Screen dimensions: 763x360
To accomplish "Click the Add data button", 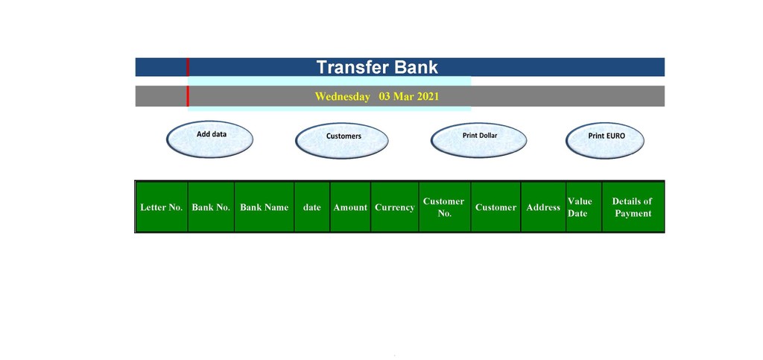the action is pos(209,139).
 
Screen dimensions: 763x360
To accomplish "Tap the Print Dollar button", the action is pos(479,140).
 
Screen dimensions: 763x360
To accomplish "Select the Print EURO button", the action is pos(605,141).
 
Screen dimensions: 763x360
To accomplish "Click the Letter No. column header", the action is pos(162,207).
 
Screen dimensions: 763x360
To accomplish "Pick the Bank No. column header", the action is pos(211,207).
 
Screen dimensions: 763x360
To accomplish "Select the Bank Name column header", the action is pos(265,207).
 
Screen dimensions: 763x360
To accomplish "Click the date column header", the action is pos(312,207).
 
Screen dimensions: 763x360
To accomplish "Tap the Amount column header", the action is pos(350,207).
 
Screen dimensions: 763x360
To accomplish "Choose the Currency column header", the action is pos(395,207).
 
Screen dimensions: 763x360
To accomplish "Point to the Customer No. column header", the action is pos(444,207).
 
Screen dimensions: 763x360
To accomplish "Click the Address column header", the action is pos(543,207).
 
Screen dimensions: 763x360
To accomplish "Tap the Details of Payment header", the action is pos(633,207).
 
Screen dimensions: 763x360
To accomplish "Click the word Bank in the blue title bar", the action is pos(416,67).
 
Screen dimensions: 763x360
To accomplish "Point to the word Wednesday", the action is pos(342,96).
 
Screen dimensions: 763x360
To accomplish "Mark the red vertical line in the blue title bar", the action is pos(188,67).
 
